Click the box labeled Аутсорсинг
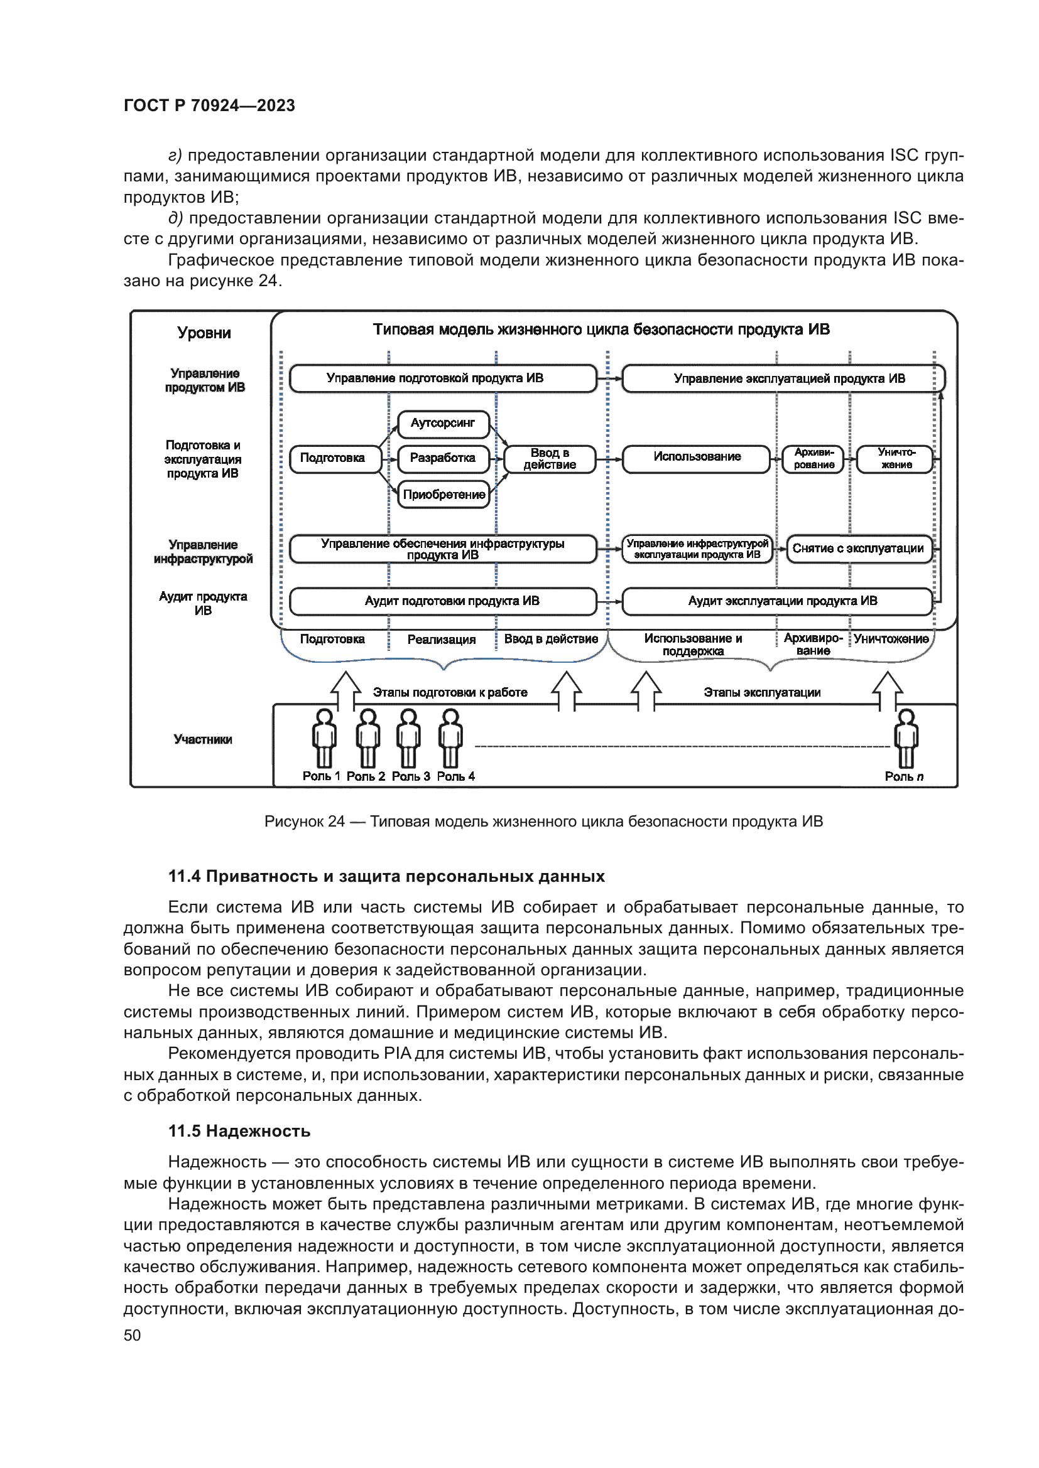(443, 423)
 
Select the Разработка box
(443, 458)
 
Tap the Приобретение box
(444, 494)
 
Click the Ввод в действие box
(550, 458)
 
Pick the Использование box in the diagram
(696, 457)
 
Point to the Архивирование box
(813, 458)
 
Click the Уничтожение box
(895, 458)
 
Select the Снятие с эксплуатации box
(858, 549)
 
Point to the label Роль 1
(320, 776)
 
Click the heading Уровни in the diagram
(204, 333)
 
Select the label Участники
(203, 740)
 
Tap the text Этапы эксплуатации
(761, 692)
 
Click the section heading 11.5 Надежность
(239, 1131)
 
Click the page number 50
(132, 1335)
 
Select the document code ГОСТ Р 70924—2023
(209, 105)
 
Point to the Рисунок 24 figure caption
(543, 822)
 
